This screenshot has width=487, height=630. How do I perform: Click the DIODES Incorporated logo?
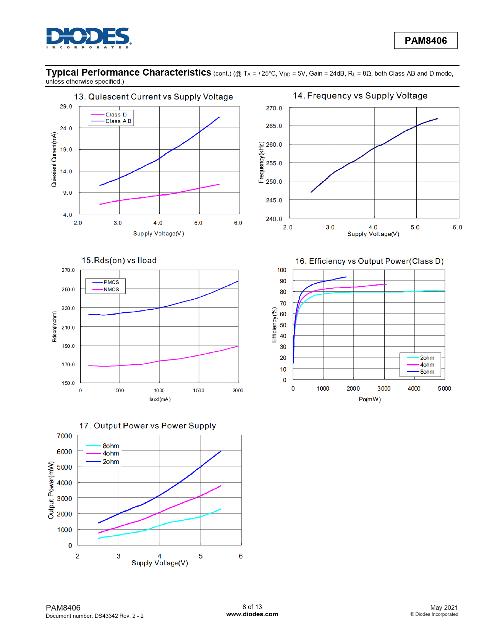click(x=89, y=38)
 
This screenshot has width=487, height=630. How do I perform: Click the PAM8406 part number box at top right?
click(x=426, y=40)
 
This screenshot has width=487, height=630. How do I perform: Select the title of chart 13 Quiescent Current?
click(x=153, y=97)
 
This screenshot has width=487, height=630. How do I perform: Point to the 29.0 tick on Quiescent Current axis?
click(x=66, y=107)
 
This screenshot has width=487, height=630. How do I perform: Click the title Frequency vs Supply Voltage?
click(x=360, y=96)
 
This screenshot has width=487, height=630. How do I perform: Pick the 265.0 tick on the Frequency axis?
click(x=274, y=126)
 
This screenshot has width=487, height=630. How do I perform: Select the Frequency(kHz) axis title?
click(x=261, y=163)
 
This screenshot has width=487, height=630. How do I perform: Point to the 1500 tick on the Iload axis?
click(x=199, y=391)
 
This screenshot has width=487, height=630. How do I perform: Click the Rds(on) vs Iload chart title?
click(x=119, y=261)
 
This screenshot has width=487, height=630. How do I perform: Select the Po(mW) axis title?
click(x=370, y=399)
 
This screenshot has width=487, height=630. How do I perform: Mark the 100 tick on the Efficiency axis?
click(x=282, y=270)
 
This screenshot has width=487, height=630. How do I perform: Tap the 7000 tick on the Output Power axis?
click(x=64, y=436)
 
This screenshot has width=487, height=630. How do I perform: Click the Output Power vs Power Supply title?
click(x=147, y=426)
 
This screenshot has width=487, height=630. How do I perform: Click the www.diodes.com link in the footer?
click(x=252, y=614)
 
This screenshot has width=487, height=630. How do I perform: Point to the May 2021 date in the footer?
click(x=444, y=608)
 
